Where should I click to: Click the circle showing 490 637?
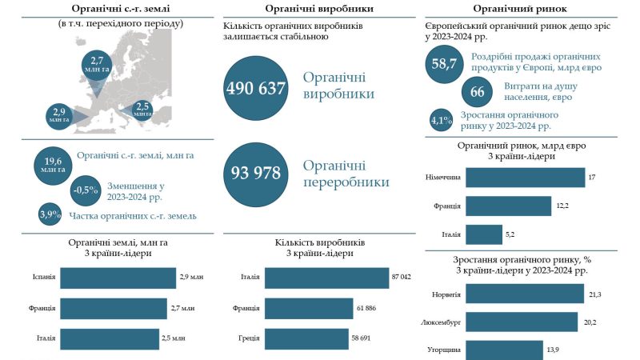coord(256,88)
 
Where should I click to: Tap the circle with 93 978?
coord(256,174)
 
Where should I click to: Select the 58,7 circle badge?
coord(444,64)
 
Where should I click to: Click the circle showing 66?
coord(477,92)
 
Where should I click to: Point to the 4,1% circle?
coord(442,121)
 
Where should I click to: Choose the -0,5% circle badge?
coord(86,190)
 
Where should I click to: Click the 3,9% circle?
coord(50,214)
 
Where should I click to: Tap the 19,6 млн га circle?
coord(53,166)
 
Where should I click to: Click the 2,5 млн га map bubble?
coord(142,110)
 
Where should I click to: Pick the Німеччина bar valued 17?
coord(526,177)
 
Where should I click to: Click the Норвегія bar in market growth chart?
coord(525,294)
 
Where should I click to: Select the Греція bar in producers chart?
coord(306,338)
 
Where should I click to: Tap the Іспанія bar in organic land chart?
coord(118,278)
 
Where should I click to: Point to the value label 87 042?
coord(402,277)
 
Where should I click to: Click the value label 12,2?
coord(562,206)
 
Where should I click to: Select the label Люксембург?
coord(441,322)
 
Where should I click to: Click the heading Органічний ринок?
coord(520,9)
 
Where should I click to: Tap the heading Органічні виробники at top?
coord(319,9)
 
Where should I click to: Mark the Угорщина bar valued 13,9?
coord(505,350)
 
